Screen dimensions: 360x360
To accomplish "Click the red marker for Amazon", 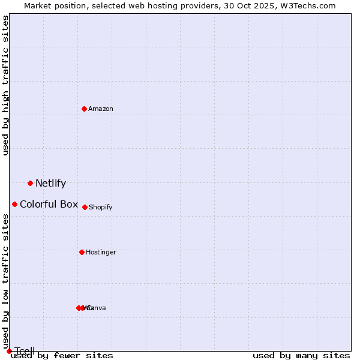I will point(84,109).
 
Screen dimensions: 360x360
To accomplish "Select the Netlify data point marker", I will point(30,183).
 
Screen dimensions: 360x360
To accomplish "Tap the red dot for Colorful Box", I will point(14,204).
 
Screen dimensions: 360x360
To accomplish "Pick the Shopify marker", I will point(85,207).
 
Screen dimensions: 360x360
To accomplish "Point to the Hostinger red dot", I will point(82,252).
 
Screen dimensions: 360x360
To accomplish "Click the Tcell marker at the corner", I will point(9,351).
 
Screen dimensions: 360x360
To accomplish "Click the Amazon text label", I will point(101,109).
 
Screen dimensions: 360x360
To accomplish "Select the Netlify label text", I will point(50,184).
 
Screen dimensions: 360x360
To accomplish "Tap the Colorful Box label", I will point(49,204).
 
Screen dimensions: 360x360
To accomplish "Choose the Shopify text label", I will point(101,207).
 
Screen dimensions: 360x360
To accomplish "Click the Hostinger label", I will point(101,252).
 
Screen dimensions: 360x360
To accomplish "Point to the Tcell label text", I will point(25,351).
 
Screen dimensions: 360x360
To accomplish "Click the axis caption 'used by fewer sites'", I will point(62,355).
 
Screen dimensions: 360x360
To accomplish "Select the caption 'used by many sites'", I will point(301,355).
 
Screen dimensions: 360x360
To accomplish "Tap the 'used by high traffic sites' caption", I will point(5,85).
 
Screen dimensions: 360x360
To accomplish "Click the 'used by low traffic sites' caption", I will point(5,277).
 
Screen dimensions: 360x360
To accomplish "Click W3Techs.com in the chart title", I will point(308,5).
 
